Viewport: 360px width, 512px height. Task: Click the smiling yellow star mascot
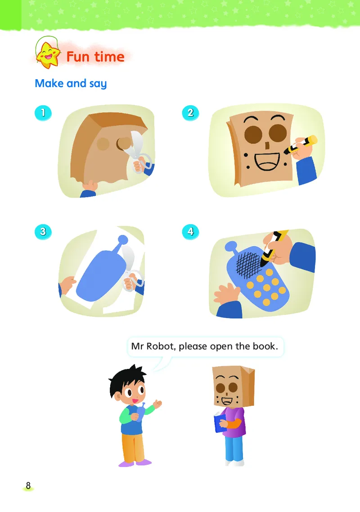[x=48, y=55]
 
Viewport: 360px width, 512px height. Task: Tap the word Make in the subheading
[x=49, y=83]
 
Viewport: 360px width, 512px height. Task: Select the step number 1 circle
[x=43, y=113]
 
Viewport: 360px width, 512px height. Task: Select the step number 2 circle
[x=190, y=113]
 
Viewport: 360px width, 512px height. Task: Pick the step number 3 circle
[x=43, y=232]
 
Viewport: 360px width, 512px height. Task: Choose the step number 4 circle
[x=190, y=232]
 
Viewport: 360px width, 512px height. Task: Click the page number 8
[x=28, y=486]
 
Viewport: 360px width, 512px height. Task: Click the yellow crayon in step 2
[x=301, y=145]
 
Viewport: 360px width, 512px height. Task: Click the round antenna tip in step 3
[x=123, y=240]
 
